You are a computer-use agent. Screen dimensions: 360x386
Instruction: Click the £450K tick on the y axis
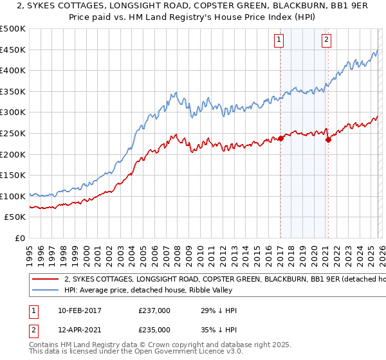pos(13,50)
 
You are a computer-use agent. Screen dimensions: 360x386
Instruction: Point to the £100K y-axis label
pos(13,196)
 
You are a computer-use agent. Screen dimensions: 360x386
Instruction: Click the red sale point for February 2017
pos(281,138)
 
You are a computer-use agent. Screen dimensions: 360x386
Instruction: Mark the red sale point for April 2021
pos(328,139)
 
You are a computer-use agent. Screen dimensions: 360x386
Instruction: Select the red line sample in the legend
pos(45,280)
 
